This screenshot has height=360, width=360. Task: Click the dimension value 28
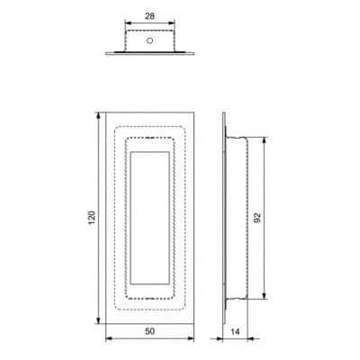(x=149, y=16)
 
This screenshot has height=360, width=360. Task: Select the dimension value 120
(x=92, y=218)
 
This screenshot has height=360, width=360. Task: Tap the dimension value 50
(x=149, y=331)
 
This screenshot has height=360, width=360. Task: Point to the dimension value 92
(x=257, y=218)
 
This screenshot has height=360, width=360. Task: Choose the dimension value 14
(x=236, y=331)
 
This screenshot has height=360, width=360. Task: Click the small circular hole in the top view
(x=149, y=40)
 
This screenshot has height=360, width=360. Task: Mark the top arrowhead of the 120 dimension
(x=98, y=116)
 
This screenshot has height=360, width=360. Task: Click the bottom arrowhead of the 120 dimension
(x=98, y=319)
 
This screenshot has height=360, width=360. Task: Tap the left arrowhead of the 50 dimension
(x=110, y=338)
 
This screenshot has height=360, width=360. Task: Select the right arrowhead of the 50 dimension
(x=190, y=338)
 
